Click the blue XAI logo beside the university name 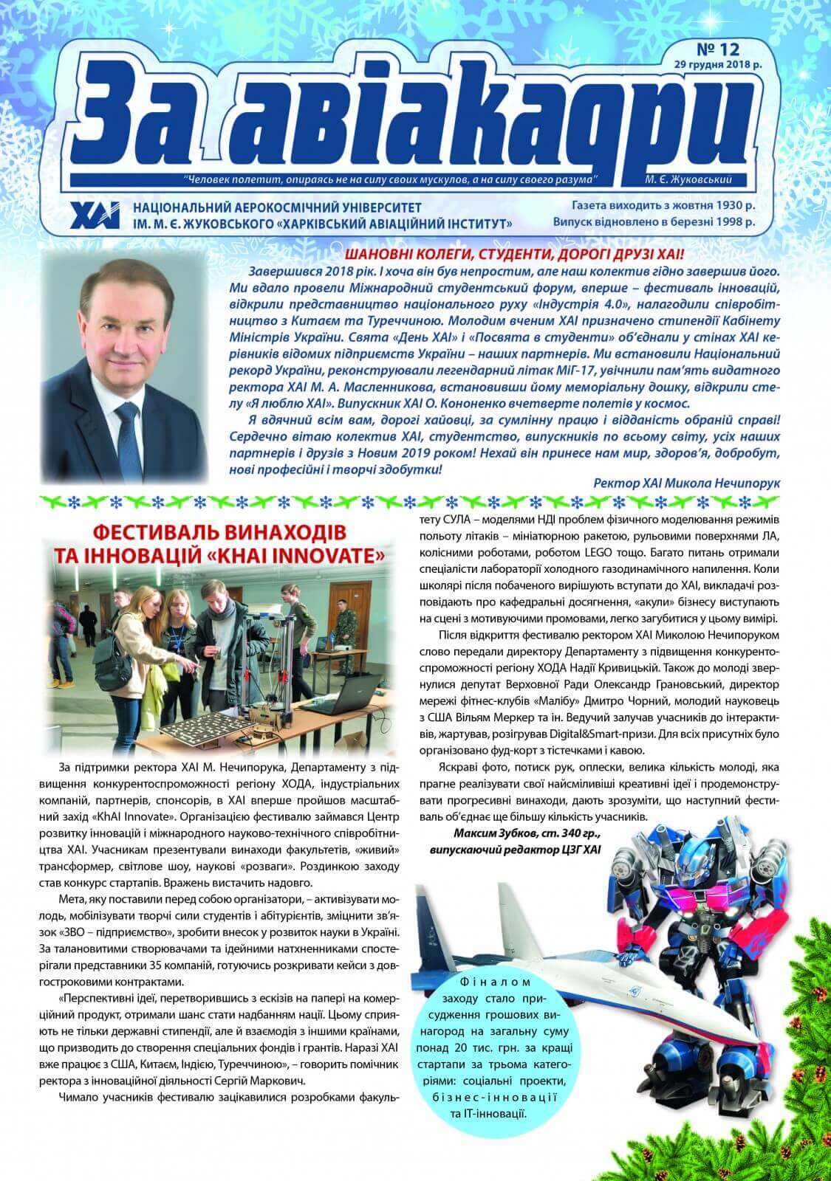pos(93,214)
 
